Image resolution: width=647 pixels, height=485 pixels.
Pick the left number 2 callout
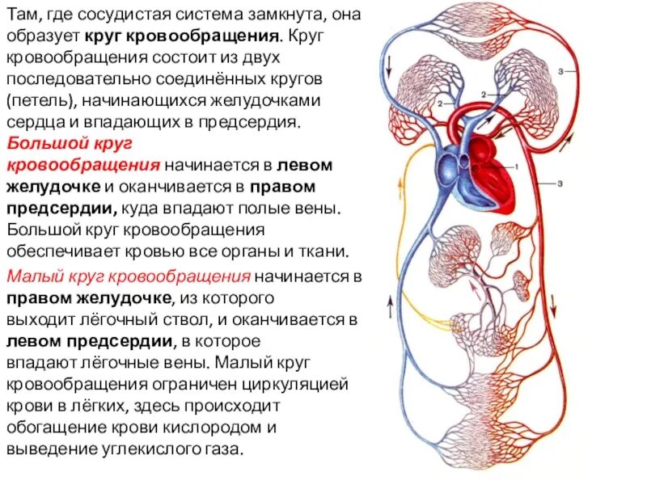[440, 104]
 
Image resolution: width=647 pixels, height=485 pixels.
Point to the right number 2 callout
[482, 95]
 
